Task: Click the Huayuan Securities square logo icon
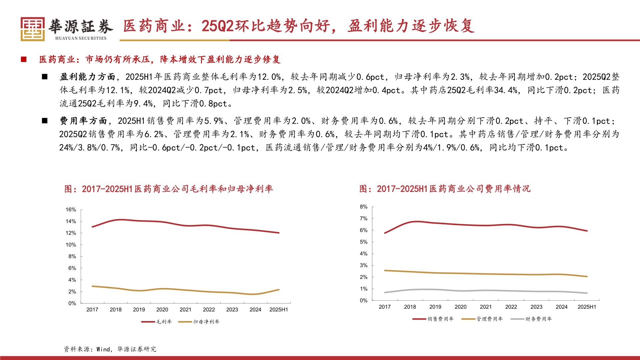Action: tap(32, 29)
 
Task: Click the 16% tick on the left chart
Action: tap(71, 210)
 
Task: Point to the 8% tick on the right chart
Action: tap(363, 207)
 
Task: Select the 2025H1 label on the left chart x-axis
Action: tap(278, 310)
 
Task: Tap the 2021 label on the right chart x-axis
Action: tap(486, 307)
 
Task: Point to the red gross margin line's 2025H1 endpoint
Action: tap(279, 233)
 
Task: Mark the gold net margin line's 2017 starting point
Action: tap(92, 286)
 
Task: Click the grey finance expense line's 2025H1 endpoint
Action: tap(587, 293)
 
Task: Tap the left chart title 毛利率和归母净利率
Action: tap(169, 189)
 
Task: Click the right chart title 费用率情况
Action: tap(445, 189)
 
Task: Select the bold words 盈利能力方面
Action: tap(87, 77)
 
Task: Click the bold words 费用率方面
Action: tap(83, 121)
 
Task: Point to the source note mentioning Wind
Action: tap(110, 349)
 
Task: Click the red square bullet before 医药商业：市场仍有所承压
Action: tap(24, 59)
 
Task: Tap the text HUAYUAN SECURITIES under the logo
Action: tap(81, 38)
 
